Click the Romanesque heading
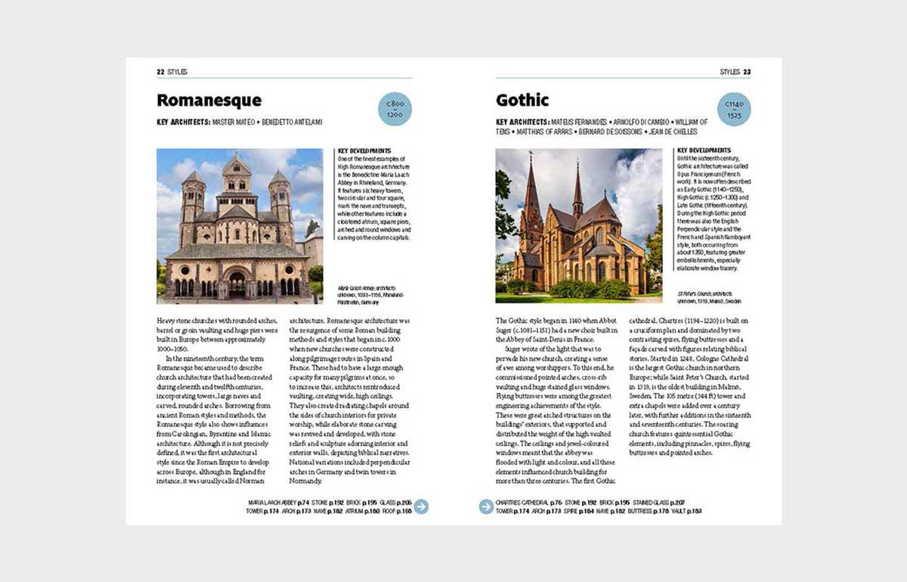point(209,101)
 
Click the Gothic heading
point(522,101)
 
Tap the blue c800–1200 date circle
point(395,108)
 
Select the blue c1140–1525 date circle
point(733,108)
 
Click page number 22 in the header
point(160,72)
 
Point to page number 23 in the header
point(747,72)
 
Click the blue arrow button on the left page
point(421,506)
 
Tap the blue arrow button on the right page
point(487,506)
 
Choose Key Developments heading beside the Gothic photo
point(704,150)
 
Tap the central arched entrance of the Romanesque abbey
point(237,283)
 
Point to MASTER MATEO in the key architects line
point(234,122)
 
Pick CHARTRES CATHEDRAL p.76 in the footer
point(528,503)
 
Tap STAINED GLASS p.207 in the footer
point(659,503)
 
